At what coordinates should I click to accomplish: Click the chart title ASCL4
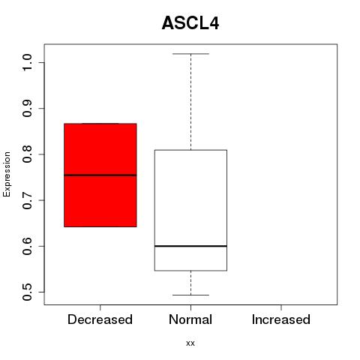(190, 23)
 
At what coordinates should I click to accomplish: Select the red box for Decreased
(100, 175)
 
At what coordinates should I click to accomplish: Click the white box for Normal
(190, 210)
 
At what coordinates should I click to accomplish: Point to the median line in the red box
(100, 175)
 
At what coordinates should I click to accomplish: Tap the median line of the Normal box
(190, 246)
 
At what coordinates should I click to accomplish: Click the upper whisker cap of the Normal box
(190, 54)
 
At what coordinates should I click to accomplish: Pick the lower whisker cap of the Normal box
(190, 295)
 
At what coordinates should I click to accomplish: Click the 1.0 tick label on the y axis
(27, 62)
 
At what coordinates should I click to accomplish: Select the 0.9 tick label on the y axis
(27, 109)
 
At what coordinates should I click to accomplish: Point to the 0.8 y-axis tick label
(27, 154)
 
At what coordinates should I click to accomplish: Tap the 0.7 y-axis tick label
(27, 200)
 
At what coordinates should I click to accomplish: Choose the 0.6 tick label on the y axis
(27, 246)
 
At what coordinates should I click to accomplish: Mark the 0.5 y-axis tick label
(27, 292)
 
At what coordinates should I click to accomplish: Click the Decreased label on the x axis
(100, 319)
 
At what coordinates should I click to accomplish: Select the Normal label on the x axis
(190, 319)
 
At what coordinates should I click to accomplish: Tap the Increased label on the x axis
(281, 319)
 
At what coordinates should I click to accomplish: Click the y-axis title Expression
(7, 174)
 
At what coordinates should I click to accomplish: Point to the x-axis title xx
(190, 343)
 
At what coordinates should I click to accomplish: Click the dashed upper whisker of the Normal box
(191, 102)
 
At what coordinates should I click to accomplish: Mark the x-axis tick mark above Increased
(281, 307)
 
